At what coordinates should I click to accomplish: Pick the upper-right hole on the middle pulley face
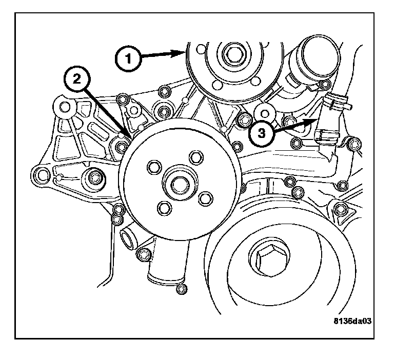click(x=195, y=157)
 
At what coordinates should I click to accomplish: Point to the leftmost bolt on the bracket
click(x=41, y=175)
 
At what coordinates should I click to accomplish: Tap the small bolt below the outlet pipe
click(x=181, y=290)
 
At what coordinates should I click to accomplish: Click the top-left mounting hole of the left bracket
click(x=65, y=107)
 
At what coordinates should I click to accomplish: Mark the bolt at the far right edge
click(x=352, y=144)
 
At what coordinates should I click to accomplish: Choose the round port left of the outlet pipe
click(x=126, y=237)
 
